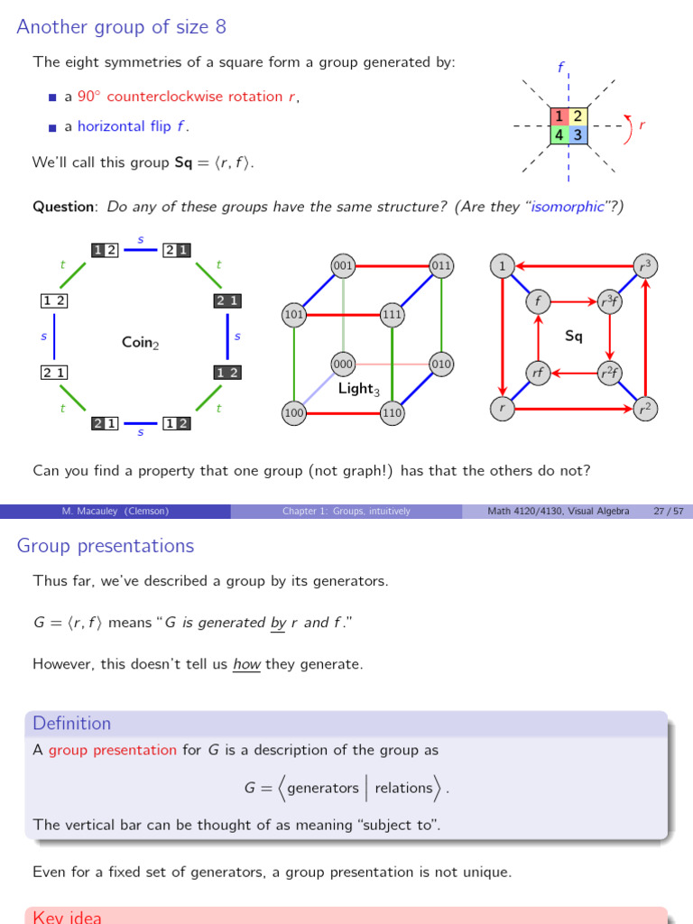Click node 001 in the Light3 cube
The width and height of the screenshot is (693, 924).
pos(343,266)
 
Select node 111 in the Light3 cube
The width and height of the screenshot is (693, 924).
pos(392,315)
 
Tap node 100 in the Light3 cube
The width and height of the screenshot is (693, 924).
pos(294,413)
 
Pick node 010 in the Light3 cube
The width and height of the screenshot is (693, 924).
pos(441,364)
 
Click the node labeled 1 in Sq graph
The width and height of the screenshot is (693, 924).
pos(502,266)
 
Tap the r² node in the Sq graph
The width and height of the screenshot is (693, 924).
pos(645,409)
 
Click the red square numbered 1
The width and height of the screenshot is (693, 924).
pos(559,116)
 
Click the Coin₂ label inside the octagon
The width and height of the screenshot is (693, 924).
pos(140,342)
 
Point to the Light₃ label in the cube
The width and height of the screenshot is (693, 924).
pos(356,389)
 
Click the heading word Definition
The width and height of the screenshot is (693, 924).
pos(71,723)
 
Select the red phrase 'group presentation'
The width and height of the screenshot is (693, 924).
pos(113,750)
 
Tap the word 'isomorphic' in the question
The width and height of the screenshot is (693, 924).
pos(567,207)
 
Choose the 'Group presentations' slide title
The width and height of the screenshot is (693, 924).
pos(106,546)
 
